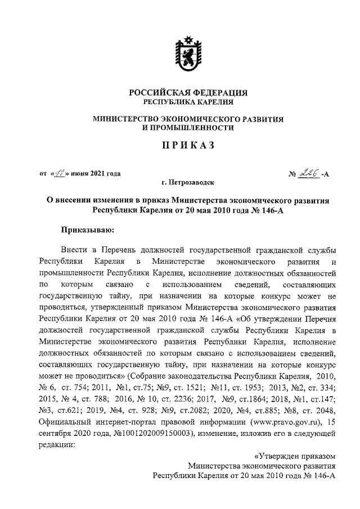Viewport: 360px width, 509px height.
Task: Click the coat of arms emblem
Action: tap(186, 53)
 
